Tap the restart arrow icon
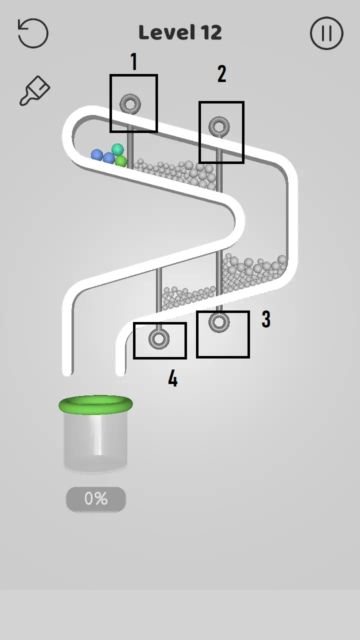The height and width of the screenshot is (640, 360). coord(33,33)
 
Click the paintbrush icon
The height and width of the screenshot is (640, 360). coord(34,91)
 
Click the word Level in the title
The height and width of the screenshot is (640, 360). coord(167,33)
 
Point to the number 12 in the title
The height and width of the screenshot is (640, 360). coord(211,33)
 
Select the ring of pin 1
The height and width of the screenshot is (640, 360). coord(130,104)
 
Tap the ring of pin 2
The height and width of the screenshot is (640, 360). coord(219,127)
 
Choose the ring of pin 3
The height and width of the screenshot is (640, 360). coord(219,322)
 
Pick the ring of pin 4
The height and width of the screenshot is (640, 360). coord(159,339)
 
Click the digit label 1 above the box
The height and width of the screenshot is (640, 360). coord(133,62)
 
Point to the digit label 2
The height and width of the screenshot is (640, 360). coord(222,74)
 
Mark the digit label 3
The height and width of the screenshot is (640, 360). coord(266,319)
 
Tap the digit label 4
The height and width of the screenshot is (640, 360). coord(172,379)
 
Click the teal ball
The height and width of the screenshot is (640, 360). coord(117,149)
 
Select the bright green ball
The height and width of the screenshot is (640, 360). coord(121,161)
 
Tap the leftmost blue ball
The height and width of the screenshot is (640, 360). coord(97,155)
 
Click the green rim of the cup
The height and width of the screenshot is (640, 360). coord(95,404)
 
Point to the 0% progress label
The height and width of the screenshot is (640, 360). coord(95,498)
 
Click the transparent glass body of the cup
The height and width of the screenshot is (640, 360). coord(95,442)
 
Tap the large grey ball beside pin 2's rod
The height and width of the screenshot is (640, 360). coord(210,176)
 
